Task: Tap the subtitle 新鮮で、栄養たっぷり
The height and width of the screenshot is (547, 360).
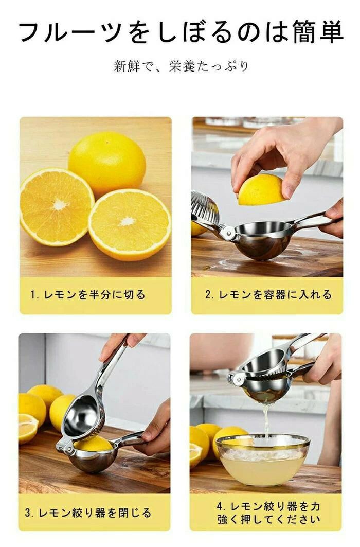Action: click(181, 66)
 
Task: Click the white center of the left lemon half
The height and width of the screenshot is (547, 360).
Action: click(59, 204)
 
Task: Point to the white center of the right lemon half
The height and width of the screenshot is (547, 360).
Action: click(127, 221)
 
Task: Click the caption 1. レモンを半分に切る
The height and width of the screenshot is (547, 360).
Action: click(88, 295)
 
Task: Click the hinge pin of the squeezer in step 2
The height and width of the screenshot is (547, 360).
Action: click(229, 231)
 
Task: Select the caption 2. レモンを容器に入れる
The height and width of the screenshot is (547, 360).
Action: click(268, 295)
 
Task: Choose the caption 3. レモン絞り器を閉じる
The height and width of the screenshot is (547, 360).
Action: click(88, 513)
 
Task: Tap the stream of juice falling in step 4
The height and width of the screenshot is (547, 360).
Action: click(266, 419)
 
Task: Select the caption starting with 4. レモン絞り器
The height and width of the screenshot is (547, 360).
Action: click(268, 513)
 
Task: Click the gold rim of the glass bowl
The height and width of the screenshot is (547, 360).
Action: click(263, 440)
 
